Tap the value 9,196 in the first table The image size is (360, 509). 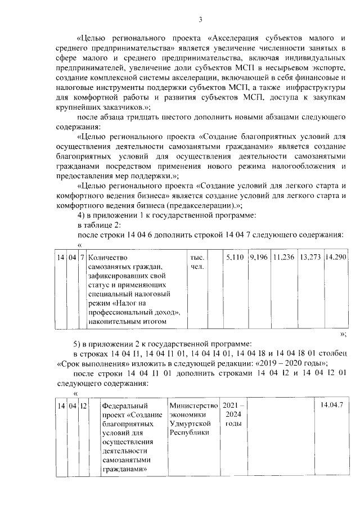tap(258, 256)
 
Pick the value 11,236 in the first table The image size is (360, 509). tap(283, 256)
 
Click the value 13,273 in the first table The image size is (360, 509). tap(310, 256)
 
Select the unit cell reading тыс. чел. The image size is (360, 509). tap(197, 262)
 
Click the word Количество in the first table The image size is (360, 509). tap(109, 257)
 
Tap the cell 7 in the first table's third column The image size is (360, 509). tap(82, 257)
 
